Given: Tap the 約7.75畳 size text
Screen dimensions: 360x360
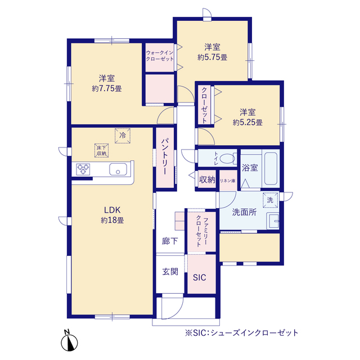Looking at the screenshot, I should click(x=107, y=88).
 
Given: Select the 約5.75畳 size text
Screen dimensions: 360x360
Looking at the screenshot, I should click(x=212, y=57).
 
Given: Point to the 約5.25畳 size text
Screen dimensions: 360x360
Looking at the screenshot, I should click(x=247, y=122).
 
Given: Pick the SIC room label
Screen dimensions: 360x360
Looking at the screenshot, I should click(x=200, y=277).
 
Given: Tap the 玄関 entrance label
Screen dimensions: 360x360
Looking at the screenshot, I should click(x=170, y=272).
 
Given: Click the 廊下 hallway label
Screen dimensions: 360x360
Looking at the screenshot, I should click(x=170, y=241).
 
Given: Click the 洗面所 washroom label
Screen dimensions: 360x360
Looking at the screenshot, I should click(x=244, y=212).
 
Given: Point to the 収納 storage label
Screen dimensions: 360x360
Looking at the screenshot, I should click(x=207, y=180).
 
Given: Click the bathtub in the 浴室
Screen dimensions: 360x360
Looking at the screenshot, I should click(x=271, y=168).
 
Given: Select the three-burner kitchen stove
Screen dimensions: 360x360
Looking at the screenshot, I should click(x=83, y=169).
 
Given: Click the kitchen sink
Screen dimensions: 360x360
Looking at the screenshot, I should click(x=119, y=169).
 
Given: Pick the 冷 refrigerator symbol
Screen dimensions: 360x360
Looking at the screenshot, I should click(x=123, y=135).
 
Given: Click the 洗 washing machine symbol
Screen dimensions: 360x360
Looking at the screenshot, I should click(x=270, y=200).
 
